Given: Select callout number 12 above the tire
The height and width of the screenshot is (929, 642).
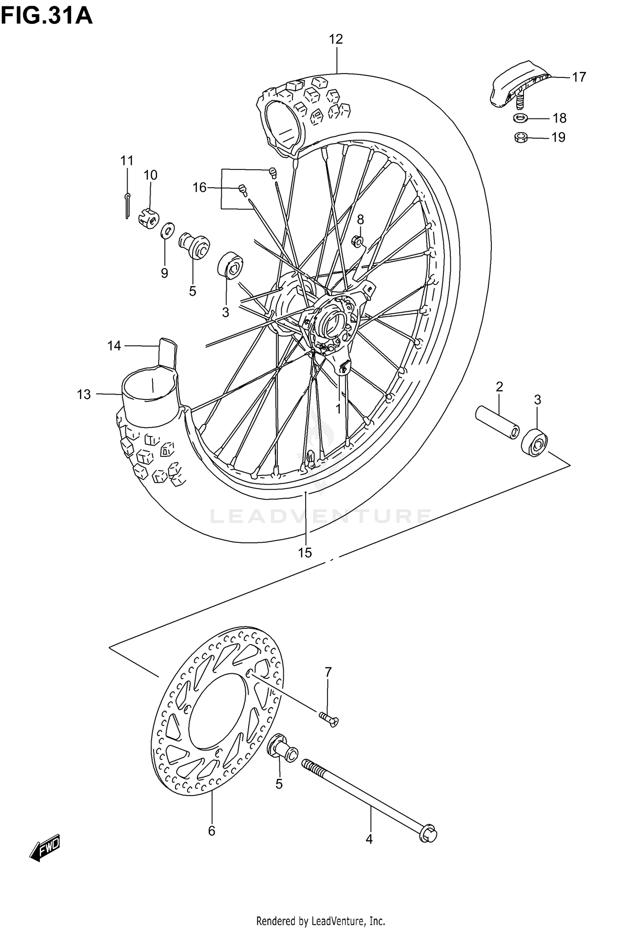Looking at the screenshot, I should pos(336,39).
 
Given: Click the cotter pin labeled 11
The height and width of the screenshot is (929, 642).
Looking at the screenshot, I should pos(128,205).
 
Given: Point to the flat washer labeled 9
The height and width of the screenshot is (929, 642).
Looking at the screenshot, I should pos(167,231).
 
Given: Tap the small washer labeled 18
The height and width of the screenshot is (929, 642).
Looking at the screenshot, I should pos(520,118).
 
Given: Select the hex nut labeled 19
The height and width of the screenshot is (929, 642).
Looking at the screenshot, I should pos(520,137).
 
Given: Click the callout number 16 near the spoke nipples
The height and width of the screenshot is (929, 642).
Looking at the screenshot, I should pos(200,187).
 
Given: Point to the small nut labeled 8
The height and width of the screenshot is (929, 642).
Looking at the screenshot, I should pos(359,242).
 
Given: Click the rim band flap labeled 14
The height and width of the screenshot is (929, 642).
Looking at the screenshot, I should pos(167,353).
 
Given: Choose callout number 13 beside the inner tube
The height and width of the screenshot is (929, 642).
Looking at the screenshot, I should pos(84,394).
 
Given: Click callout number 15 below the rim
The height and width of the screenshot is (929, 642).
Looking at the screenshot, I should pos(305,553).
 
